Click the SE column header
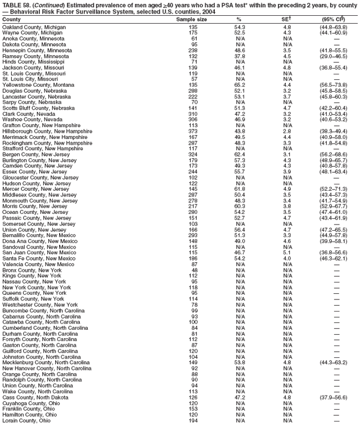click(x=287, y=19)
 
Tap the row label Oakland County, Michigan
click(x=34, y=27)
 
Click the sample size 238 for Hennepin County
click(x=193, y=50)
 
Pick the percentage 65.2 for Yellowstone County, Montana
click(x=240, y=85)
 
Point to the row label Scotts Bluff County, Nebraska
click(x=39, y=108)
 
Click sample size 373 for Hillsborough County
click(x=193, y=131)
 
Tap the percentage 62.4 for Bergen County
click(x=240, y=154)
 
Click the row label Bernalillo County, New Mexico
click(x=38, y=235)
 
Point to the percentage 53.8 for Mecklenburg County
click(x=240, y=362)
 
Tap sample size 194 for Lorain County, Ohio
click(x=193, y=420)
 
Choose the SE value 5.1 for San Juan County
click(x=287, y=253)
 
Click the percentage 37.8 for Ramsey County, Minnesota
click(x=240, y=56)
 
